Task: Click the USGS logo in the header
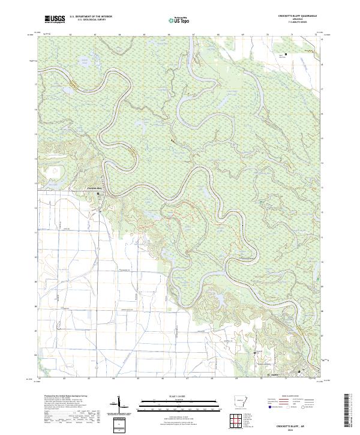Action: coord(54,19)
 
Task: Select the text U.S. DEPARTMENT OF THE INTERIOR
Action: coord(91,17)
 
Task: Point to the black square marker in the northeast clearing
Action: coord(286,55)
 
